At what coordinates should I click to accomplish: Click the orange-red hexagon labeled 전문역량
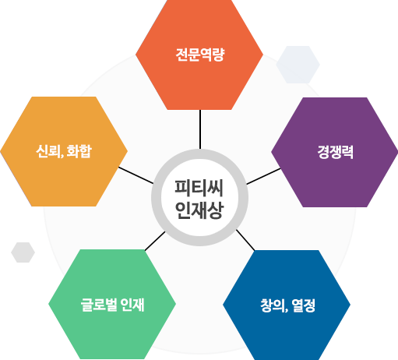[x=199, y=55]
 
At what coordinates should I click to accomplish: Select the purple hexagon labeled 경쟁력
[x=335, y=152]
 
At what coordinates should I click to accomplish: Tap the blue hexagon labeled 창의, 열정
[x=287, y=305]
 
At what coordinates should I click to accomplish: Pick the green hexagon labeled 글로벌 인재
[x=112, y=304]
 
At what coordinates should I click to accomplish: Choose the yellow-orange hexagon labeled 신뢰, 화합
[x=64, y=151]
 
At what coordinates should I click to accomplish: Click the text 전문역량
[x=199, y=55]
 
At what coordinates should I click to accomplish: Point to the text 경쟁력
[x=335, y=152]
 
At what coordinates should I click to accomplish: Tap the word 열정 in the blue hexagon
[x=304, y=305]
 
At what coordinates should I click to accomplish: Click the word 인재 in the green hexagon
[x=132, y=305]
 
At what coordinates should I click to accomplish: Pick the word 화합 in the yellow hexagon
[x=79, y=151]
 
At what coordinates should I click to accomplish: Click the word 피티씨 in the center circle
[x=199, y=188]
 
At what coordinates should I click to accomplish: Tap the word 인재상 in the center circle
[x=199, y=210]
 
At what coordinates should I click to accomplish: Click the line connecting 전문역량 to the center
[x=200, y=129]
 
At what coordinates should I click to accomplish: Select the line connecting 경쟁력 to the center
[x=263, y=176]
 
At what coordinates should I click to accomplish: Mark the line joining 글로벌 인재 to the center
[x=155, y=241]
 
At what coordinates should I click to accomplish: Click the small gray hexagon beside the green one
[x=23, y=252]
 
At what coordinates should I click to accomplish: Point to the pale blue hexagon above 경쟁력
[x=298, y=65]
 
